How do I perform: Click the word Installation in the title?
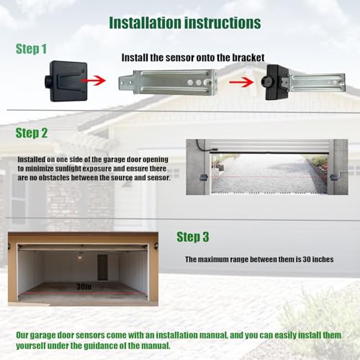[x=145, y=23]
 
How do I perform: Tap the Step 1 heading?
[x=31, y=49]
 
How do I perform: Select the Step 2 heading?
[x=32, y=133]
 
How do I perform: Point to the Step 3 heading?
[x=193, y=237]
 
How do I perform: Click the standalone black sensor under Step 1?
[x=66, y=81]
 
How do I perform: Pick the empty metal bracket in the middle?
[x=168, y=82]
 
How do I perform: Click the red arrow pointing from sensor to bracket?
[x=93, y=80]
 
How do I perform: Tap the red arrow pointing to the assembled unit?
[x=241, y=82]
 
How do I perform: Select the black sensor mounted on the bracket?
[x=276, y=82]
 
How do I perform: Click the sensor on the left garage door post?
[x=204, y=178]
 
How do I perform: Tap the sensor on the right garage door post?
[x=334, y=178]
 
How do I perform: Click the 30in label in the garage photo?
[x=84, y=287]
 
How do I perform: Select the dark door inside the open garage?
[x=102, y=267]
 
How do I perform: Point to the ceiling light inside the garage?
[x=80, y=257]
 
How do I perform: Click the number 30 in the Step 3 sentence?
[x=307, y=259]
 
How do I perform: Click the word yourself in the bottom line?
[x=31, y=346]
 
